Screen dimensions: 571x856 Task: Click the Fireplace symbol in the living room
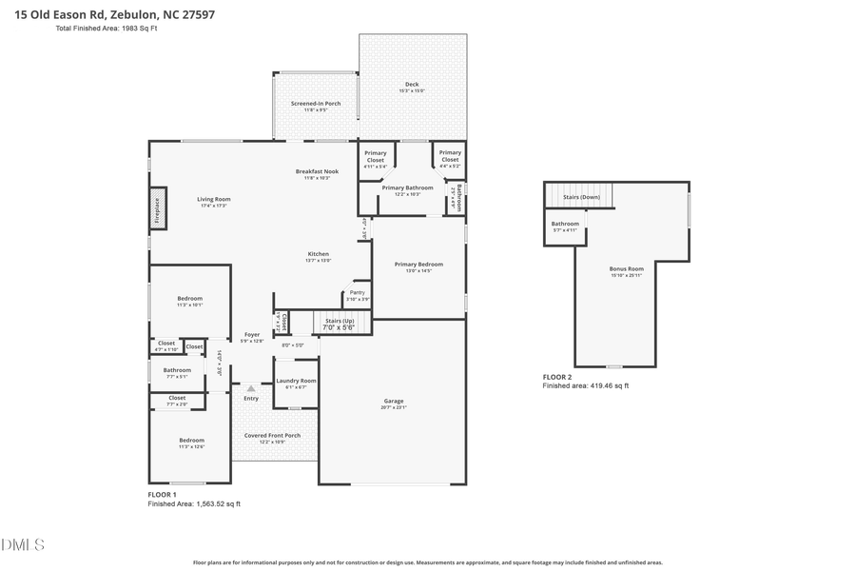(157, 209)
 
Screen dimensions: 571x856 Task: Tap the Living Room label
(214, 199)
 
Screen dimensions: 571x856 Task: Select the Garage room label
(393, 401)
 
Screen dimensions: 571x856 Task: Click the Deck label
(412, 85)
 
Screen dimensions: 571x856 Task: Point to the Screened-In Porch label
(316, 103)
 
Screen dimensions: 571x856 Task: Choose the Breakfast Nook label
(317, 171)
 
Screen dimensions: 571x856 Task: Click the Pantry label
(358, 292)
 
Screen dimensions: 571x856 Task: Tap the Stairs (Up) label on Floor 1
(340, 321)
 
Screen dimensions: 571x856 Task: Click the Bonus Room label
(627, 269)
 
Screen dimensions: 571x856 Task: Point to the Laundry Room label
(296, 381)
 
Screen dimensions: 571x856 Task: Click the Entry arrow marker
(251, 388)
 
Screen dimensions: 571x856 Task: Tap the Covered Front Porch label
(272, 436)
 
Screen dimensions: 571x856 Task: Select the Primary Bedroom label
(418, 265)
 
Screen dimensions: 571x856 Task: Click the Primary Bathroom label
(407, 187)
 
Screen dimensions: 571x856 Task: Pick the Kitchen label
(318, 254)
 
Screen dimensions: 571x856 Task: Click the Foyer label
(252, 334)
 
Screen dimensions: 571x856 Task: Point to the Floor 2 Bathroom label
(565, 224)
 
